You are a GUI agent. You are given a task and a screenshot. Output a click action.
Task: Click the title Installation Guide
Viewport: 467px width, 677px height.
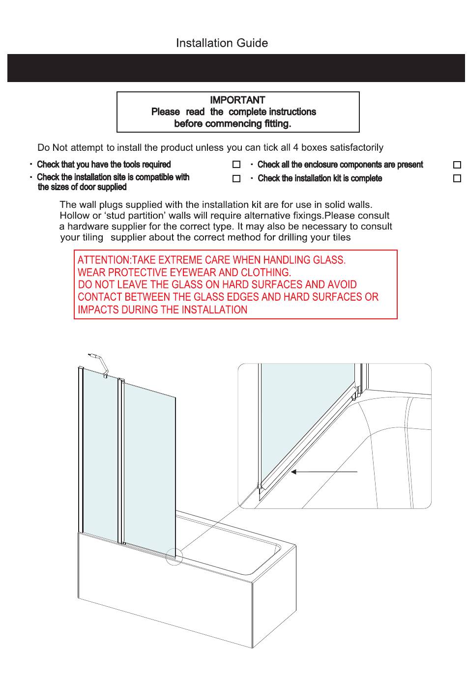pyautogui.click(x=222, y=43)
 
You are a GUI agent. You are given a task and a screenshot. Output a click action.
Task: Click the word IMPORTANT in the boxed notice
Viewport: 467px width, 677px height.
pyautogui.click(x=237, y=100)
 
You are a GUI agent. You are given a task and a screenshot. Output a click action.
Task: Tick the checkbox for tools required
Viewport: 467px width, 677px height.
pyautogui.click(x=236, y=165)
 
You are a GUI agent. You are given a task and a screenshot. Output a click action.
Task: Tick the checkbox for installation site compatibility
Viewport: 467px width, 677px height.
pyautogui.click(x=236, y=178)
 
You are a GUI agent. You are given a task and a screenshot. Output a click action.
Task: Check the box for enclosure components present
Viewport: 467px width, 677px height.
pyautogui.click(x=457, y=165)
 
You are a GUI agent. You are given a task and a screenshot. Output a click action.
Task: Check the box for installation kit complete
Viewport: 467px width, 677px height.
pyautogui.click(x=457, y=178)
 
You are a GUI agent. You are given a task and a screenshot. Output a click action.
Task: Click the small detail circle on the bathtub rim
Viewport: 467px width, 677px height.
pyautogui.click(x=174, y=557)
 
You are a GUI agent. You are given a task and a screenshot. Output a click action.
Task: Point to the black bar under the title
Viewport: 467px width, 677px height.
pyautogui.click(x=236, y=68)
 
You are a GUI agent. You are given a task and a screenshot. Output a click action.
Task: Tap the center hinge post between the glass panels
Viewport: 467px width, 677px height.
pyautogui.click(x=120, y=462)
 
